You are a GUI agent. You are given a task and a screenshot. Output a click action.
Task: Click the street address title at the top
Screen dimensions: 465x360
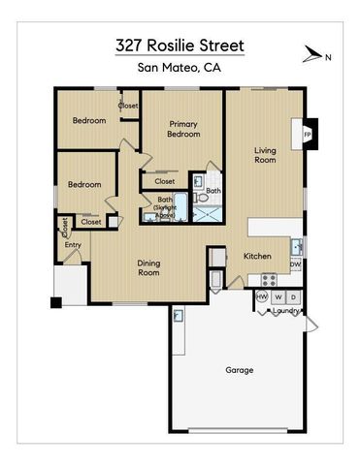point(180,46)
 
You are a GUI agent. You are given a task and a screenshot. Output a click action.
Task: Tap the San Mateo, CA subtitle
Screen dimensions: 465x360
point(180,67)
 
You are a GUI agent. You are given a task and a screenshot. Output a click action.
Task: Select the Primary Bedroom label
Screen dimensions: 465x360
point(183,129)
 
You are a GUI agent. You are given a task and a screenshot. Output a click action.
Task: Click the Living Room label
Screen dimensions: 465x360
point(265,154)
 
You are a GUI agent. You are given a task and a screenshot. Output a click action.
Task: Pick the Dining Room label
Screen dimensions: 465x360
point(147,267)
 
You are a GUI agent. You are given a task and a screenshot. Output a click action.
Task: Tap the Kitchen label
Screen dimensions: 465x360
point(256,256)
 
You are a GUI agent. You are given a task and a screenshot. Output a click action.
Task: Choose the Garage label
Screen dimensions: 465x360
point(240,370)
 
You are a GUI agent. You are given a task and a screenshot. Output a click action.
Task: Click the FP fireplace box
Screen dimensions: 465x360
point(309,134)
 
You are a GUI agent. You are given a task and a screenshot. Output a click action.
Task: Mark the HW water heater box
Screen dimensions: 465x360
point(261,296)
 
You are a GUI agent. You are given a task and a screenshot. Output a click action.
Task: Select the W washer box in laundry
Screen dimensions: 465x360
point(278,296)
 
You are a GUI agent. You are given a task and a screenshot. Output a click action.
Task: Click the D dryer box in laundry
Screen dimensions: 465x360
point(293,296)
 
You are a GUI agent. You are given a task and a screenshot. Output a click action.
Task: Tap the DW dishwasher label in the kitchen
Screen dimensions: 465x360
point(296,263)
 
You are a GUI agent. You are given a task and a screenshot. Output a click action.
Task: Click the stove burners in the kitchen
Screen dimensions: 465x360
point(269,279)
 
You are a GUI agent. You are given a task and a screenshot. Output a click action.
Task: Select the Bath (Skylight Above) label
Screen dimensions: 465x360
point(166,205)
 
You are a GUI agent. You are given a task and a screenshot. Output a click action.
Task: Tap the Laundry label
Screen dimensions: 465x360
point(284,311)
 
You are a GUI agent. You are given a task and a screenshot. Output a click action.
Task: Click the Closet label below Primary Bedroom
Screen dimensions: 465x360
point(165,181)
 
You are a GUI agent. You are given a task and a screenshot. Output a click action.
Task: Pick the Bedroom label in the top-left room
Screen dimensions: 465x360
point(88,121)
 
